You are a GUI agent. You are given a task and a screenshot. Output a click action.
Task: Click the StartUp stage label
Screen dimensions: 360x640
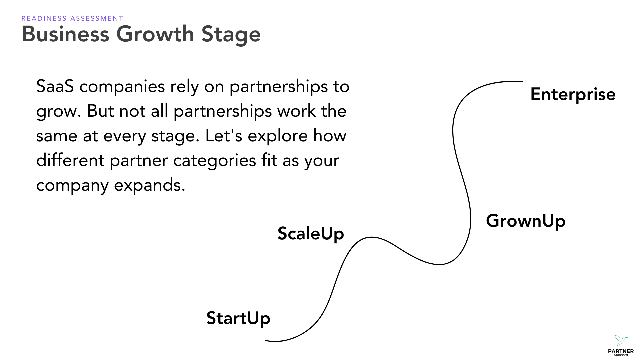point(238,318)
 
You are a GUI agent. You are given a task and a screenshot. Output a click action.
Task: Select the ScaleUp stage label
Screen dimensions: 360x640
point(310,233)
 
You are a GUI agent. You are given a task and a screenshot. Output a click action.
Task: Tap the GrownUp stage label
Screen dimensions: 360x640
point(525,221)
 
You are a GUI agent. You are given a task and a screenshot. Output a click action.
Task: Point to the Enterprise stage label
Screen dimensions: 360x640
point(572,94)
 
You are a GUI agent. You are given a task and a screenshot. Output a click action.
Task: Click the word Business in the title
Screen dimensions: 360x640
point(66,34)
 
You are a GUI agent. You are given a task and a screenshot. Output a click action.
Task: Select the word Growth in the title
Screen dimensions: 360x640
point(155,34)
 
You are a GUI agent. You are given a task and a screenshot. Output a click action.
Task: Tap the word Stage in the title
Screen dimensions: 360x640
point(231,35)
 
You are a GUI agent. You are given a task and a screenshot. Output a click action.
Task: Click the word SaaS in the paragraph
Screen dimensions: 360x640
point(55,86)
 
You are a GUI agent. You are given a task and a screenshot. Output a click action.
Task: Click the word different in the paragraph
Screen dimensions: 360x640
point(70,160)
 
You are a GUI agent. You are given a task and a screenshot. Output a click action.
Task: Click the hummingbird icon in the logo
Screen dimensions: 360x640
point(620,341)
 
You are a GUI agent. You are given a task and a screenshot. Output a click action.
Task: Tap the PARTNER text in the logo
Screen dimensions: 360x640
point(621,351)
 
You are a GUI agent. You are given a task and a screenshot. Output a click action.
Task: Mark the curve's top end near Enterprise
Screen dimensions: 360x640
point(522,81)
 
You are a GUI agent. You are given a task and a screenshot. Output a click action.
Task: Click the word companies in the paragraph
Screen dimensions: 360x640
point(122,87)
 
